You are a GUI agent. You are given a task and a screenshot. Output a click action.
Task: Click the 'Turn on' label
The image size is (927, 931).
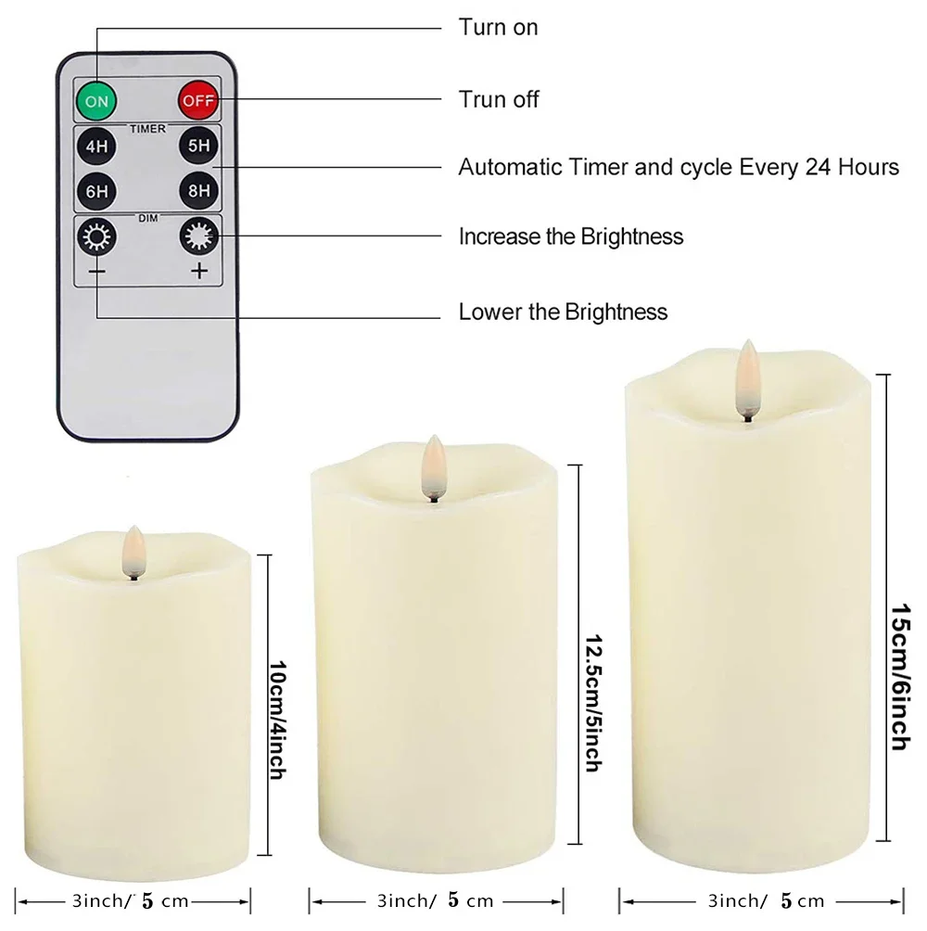498,27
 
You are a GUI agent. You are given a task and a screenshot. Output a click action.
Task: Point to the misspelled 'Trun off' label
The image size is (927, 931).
499,98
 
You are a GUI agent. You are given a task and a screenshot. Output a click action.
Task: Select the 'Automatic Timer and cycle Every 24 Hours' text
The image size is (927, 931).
679,168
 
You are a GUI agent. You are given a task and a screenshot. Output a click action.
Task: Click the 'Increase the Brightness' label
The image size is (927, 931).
571,236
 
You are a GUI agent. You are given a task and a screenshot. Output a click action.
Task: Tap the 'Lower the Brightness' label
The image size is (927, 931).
563,311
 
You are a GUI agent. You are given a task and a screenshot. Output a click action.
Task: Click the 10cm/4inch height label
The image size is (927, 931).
275,708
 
